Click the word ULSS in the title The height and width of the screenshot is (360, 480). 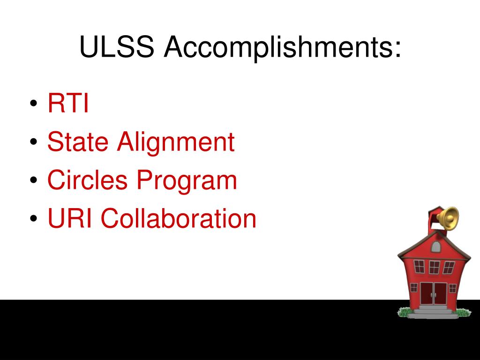pos(117,46)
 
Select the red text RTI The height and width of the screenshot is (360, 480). pos(68,103)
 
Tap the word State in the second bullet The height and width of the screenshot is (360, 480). pos(78,142)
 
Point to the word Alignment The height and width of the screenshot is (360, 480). pos(176,143)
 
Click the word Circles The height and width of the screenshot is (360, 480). pos(87,180)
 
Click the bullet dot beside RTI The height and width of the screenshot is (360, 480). pos(34,103)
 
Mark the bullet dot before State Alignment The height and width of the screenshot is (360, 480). pos(34,142)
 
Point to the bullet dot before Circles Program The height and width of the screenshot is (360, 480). pos(34,180)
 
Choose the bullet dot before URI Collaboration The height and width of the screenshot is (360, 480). pos(34,218)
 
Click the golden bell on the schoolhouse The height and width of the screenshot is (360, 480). pos(449,218)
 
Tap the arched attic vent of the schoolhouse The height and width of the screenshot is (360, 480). pos(436,247)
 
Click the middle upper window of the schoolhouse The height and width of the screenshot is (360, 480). pos(434,267)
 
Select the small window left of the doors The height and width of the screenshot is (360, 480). pos(414,288)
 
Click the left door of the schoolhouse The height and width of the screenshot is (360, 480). pos(427,293)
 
